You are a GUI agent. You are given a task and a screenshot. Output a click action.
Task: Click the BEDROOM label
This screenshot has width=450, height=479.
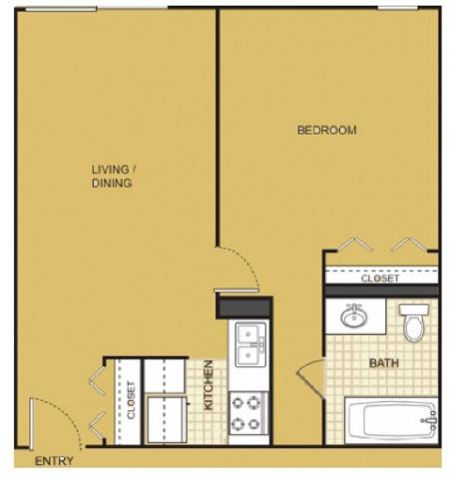[326, 130]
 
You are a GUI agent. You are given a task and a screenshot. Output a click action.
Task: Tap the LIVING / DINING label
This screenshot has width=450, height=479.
[114, 177]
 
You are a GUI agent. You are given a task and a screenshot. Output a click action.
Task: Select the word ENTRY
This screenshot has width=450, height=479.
[54, 461]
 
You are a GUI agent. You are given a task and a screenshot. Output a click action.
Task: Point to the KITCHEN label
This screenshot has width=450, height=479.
[209, 385]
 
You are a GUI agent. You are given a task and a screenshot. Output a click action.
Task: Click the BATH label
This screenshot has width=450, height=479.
[384, 363]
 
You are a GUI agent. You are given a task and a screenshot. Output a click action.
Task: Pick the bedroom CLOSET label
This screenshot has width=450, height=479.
[380, 278]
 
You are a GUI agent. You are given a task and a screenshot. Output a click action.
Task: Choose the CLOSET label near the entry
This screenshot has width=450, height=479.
[131, 400]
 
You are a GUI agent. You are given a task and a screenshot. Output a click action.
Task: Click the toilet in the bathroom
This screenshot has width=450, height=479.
[413, 322]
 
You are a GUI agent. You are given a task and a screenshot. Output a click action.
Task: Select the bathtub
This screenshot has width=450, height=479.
[391, 420]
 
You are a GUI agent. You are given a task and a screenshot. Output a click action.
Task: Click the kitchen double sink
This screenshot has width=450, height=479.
[250, 344]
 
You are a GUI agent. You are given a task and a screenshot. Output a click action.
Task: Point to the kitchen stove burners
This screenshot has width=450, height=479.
[246, 413]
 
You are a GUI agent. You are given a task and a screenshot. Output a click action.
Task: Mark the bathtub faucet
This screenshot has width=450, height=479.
[431, 420]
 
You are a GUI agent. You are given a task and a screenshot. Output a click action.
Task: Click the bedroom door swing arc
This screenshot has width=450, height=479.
[242, 262]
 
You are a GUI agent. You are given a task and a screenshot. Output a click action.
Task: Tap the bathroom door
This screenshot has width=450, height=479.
[310, 379]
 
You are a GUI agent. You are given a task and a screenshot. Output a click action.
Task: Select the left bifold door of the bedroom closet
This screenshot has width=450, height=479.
[355, 243]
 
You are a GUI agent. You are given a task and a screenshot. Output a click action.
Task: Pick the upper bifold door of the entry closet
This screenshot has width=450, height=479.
[97, 381]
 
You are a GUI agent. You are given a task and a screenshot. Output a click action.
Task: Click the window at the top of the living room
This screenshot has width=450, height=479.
[62, 9]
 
